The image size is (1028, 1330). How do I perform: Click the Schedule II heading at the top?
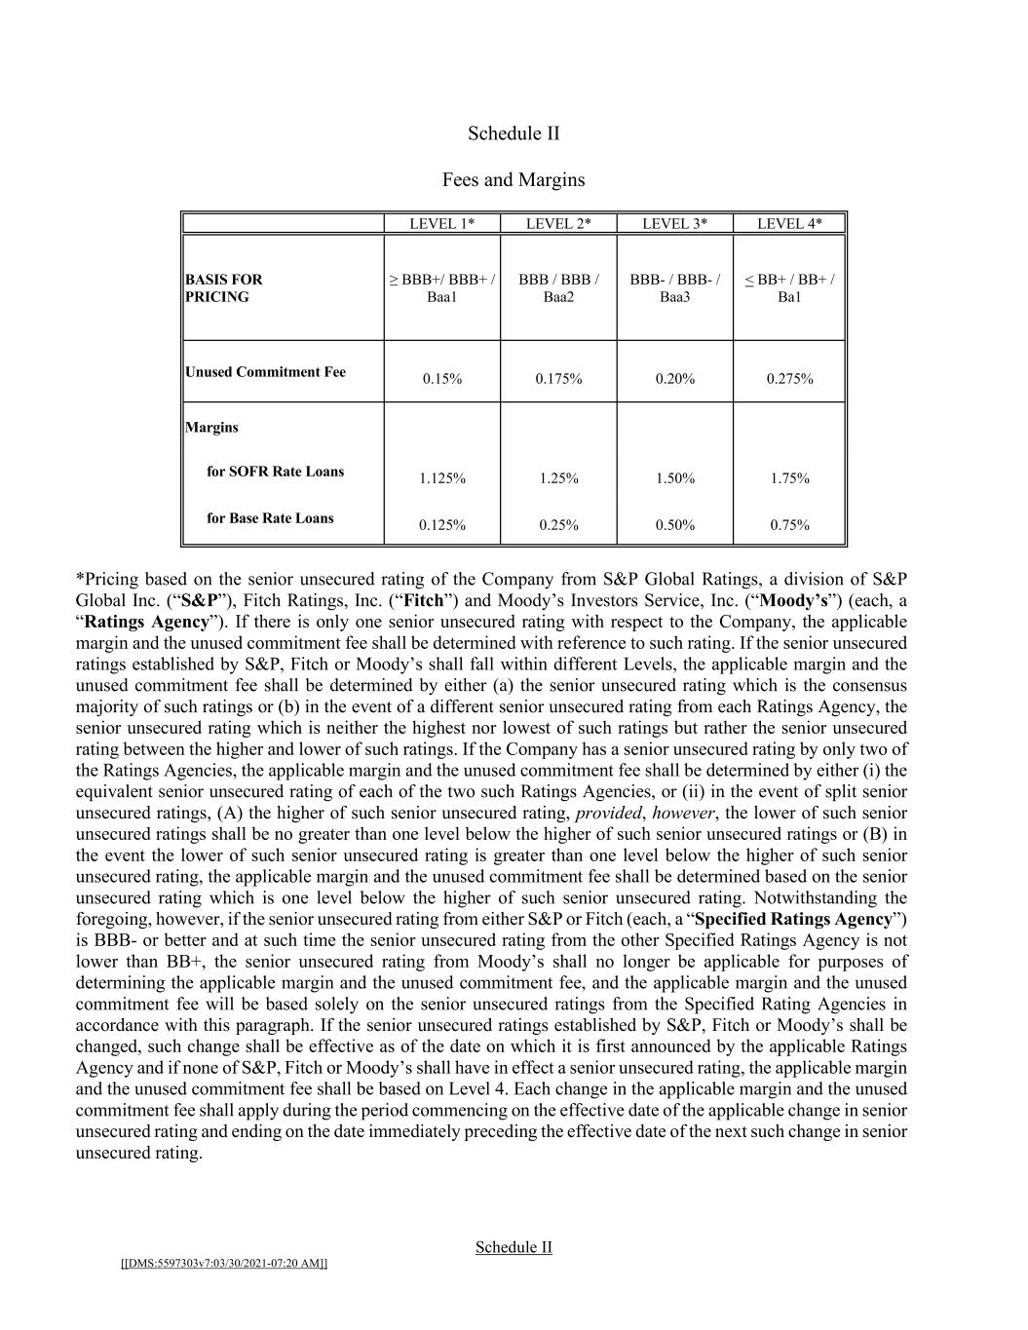click(514, 133)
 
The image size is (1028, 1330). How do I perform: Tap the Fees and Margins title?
click(514, 180)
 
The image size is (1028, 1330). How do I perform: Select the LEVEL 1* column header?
click(441, 224)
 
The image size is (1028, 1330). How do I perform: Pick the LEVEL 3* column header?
click(674, 224)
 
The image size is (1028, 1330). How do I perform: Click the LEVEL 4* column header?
click(789, 224)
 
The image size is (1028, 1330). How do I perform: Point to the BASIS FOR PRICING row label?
click(224, 288)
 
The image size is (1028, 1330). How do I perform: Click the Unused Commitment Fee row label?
click(265, 372)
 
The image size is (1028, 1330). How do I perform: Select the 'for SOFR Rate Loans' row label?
click(275, 472)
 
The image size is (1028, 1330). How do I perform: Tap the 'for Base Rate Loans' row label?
click(270, 518)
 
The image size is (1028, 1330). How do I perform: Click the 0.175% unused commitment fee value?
click(558, 379)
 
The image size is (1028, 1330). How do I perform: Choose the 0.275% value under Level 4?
click(789, 379)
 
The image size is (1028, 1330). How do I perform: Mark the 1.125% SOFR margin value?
click(441, 478)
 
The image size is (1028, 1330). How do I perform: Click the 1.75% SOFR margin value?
click(789, 478)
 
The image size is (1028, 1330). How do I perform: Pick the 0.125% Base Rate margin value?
click(441, 525)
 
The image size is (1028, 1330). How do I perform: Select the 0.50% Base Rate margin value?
click(674, 525)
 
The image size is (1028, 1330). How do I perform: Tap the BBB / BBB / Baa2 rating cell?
click(558, 288)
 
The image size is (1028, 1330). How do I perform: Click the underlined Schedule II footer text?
click(514, 1247)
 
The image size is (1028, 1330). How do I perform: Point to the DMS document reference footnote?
click(224, 1264)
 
